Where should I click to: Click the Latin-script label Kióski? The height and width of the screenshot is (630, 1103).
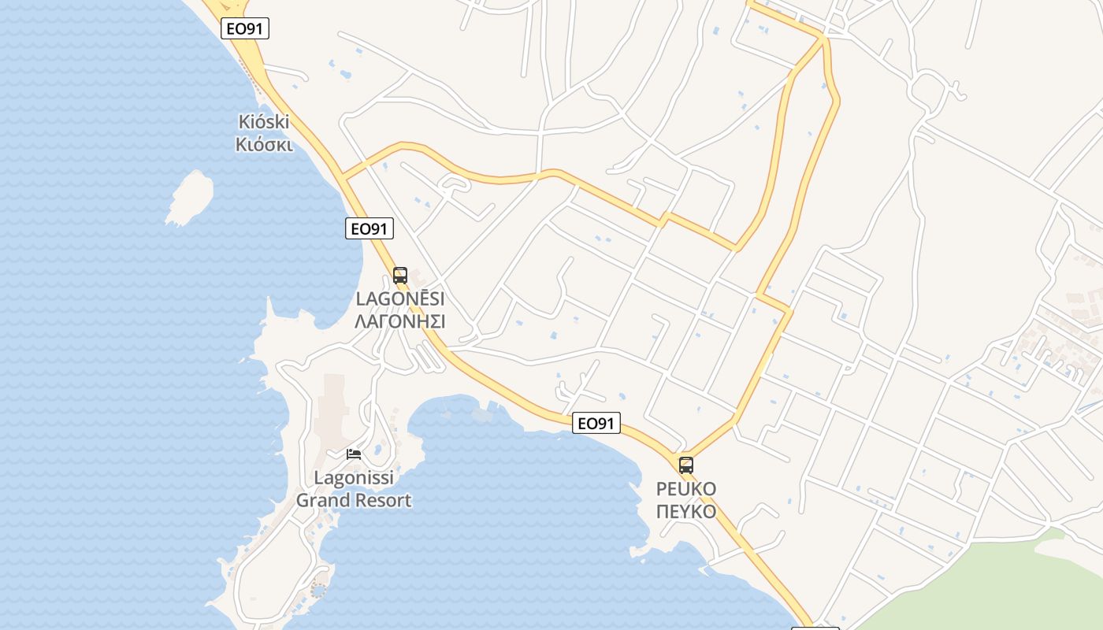tap(264, 122)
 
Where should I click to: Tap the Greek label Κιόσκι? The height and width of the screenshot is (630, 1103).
tap(264, 145)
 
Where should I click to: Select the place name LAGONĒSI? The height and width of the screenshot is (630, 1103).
tap(400, 299)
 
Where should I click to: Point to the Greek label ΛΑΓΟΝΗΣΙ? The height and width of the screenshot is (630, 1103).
tap(400, 321)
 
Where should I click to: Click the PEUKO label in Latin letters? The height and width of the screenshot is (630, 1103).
tap(686, 489)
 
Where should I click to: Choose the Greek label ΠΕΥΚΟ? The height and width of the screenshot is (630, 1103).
tap(686, 511)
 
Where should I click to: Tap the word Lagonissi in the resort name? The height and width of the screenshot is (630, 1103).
tap(354, 478)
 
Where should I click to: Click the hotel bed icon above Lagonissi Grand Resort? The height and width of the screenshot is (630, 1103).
tap(354, 454)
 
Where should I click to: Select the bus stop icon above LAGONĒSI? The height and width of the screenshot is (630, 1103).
tap(400, 276)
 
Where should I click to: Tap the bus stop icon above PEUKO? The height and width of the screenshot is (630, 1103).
tap(686, 465)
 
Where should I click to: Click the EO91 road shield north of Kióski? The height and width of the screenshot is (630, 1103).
tap(245, 29)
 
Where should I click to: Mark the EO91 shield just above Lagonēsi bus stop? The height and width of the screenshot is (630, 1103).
tap(370, 229)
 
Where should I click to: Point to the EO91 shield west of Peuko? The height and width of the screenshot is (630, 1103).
tap(596, 424)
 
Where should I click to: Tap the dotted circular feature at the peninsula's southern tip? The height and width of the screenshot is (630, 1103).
tap(318, 590)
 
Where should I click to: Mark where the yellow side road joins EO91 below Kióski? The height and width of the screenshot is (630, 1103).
tap(344, 175)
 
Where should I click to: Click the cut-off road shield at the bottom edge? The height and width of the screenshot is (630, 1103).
tap(815, 628)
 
